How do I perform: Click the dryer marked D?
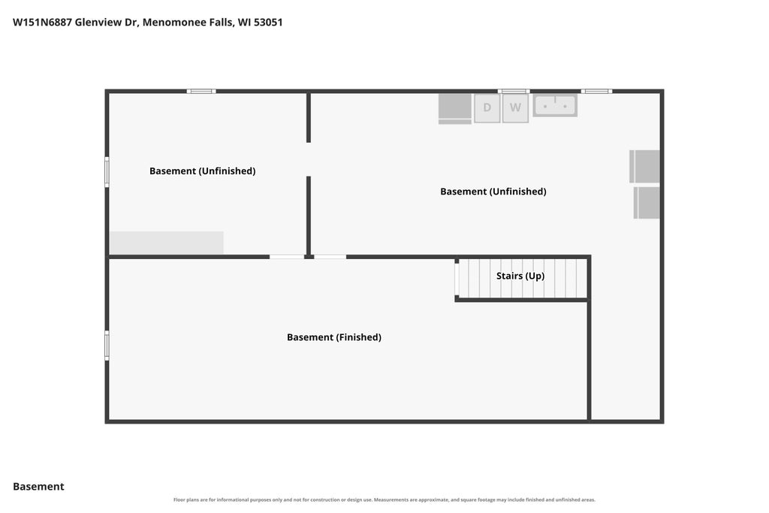[487, 108]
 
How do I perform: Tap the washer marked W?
[515, 108]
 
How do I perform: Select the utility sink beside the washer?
[555, 105]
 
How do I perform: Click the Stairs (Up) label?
[520, 276]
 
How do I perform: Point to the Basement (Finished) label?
[334, 337]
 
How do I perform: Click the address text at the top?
[148, 22]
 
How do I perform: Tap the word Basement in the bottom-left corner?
[38, 486]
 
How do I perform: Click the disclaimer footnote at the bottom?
[384, 499]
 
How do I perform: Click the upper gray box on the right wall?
[644, 166]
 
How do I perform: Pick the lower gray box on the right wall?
[647, 203]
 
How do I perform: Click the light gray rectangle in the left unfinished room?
[167, 243]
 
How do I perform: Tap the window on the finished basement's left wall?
[107, 346]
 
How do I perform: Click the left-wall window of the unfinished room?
[107, 172]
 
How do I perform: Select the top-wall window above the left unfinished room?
[201, 91]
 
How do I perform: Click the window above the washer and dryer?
[514, 91]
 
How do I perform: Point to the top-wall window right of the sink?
[596, 91]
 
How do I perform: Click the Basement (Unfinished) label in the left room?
[203, 170]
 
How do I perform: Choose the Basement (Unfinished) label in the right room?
[493, 192]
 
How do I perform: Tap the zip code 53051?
[268, 22]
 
